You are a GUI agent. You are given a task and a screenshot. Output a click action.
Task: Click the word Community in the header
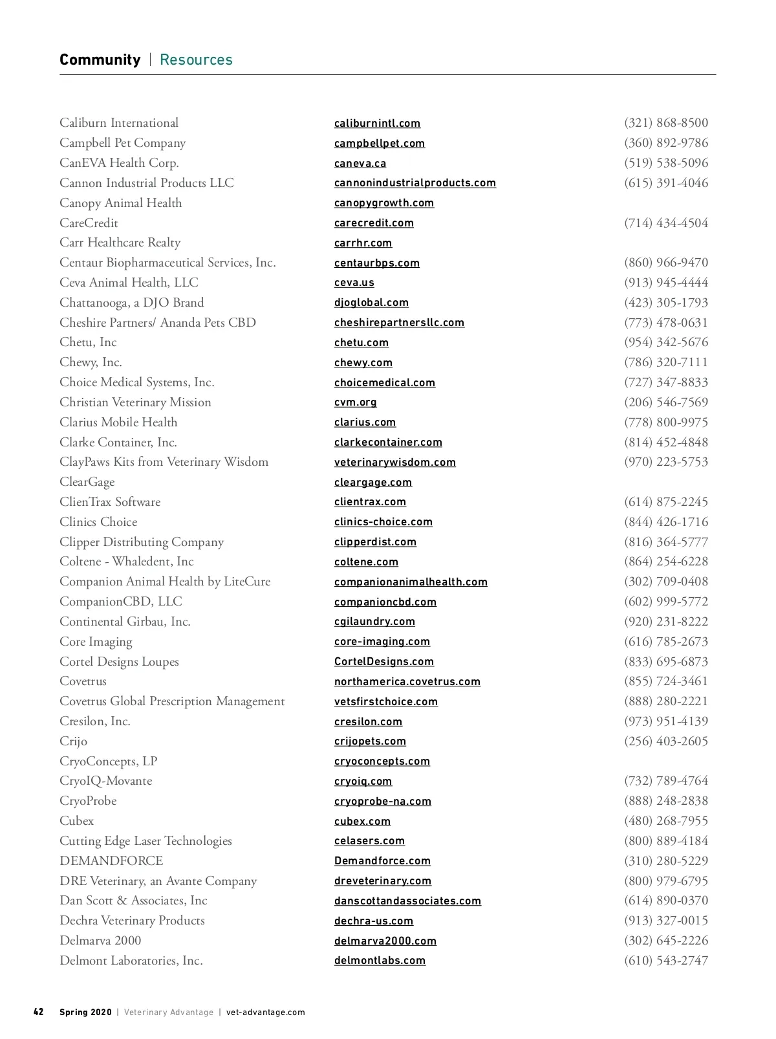(100, 60)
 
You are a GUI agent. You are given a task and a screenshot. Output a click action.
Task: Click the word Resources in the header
(196, 60)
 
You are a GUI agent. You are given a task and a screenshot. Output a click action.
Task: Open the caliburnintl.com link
(377, 124)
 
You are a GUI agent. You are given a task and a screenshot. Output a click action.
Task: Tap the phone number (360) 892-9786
(666, 143)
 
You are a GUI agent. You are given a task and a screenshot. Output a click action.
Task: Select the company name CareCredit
(89, 223)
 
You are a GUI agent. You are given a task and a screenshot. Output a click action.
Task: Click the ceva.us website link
(354, 283)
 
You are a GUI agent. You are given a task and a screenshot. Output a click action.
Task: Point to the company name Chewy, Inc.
(91, 362)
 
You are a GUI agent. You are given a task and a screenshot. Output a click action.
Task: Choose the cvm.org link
(355, 402)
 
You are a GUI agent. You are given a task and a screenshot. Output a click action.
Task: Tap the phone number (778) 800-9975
(666, 422)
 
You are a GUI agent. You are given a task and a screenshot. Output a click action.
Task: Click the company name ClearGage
(87, 482)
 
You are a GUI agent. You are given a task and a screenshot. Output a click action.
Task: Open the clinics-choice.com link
(383, 522)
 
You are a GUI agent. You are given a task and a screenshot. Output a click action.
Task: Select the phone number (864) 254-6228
(666, 562)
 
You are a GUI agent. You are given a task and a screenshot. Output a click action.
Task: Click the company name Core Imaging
(96, 642)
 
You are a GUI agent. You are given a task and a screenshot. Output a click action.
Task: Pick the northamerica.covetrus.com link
(407, 682)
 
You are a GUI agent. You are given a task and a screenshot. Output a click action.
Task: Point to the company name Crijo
(73, 741)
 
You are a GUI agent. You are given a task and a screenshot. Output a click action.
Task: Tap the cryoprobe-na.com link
(382, 802)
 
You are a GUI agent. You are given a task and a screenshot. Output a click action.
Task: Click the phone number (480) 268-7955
(666, 821)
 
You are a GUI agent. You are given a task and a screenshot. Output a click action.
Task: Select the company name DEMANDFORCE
(111, 861)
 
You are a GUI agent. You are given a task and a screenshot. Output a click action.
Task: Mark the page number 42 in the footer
(39, 1012)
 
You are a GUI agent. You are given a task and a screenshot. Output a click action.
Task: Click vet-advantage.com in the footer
(265, 1012)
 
